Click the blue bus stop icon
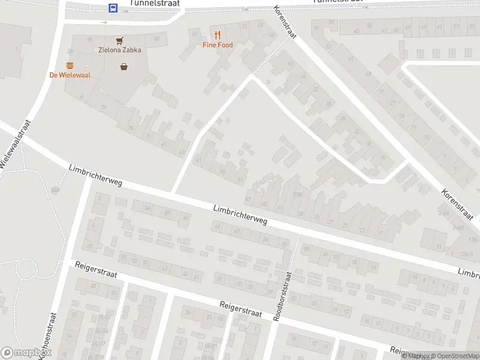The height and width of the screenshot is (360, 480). (x=113, y=8)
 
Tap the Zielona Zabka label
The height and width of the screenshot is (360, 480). (x=120, y=50)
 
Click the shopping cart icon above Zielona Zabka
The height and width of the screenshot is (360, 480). (x=120, y=40)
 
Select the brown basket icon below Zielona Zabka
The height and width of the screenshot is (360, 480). (x=124, y=66)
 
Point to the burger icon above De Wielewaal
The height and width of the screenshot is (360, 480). (x=70, y=65)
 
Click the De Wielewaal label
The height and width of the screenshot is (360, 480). (x=70, y=75)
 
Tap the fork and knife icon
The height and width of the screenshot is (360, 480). (x=217, y=35)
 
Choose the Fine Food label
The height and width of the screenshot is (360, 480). (x=217, y=45)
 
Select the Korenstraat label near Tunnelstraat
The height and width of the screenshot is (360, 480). (x=284, y=22)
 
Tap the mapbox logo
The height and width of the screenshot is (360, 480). (x=26, y=353)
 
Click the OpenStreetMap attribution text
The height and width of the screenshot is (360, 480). (x=456, y=356)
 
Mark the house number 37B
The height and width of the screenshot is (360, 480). (x=296, y=194)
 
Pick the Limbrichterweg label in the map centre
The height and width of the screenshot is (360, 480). (x=240, y=214)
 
